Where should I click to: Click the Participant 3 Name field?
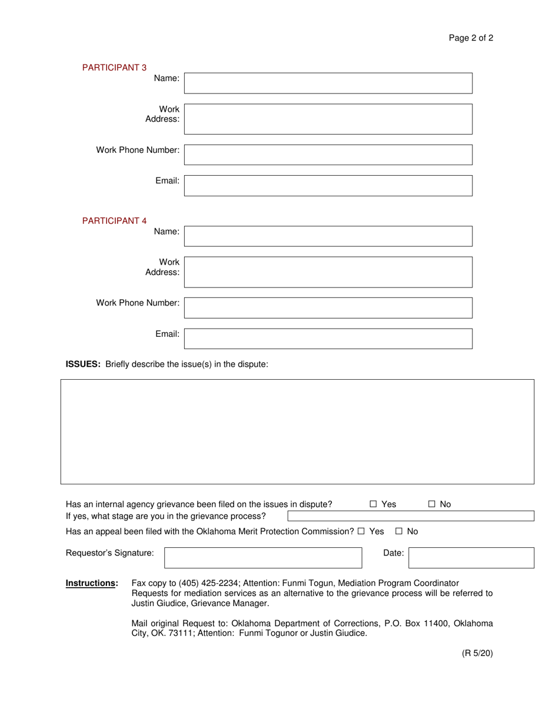pos(328,83)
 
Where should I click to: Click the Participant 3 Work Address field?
pos(328,119)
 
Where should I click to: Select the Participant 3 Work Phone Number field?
pos(328,155)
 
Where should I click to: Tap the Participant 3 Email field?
pos(328,185)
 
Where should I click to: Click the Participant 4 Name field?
pos(328,236)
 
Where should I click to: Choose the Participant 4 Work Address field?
pos(328,272)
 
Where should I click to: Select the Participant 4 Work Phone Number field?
pos(328,307)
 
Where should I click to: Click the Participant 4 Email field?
pos(328,338)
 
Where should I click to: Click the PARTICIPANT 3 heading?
pos(114,68)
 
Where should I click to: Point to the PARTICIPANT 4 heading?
pos(114,220)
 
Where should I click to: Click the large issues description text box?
pos(297,431)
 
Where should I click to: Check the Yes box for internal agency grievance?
pos(374,504)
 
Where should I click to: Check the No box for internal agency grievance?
pos(432,504)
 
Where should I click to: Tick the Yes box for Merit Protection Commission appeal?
pos(361,531)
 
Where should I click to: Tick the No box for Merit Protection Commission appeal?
pos(399,531)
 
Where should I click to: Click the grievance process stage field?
pos(411,516)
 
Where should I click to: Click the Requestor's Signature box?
pos(263,557)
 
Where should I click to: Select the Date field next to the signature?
pos(471,557)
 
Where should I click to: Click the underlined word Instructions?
pos(92,583)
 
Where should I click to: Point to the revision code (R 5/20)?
pos(477,652)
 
